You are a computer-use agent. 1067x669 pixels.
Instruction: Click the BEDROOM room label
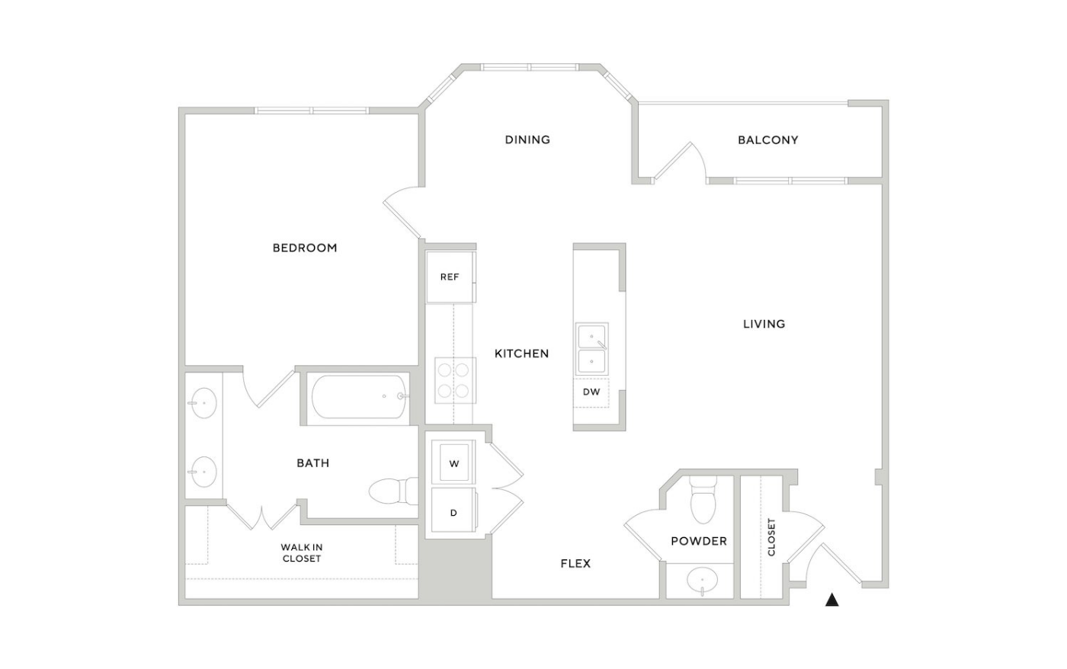click(x=305, y=248)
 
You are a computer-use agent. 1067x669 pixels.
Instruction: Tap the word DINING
click(x=527, y=139)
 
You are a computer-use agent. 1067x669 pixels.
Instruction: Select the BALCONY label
click(x=768, y=140)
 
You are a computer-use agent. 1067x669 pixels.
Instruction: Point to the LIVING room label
click(x=764, y=324)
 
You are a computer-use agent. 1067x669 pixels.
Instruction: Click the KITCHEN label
click(x=521, y=354)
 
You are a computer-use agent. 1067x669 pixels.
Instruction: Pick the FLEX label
click(x=575, y=564)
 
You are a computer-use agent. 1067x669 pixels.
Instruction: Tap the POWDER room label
click(x=699, y=541)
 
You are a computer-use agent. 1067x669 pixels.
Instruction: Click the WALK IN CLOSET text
click(x=302, y=553)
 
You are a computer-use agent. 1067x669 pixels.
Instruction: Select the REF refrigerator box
click(x=450, y=277)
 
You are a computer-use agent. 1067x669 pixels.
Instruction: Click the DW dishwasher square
click(x=591, y=392)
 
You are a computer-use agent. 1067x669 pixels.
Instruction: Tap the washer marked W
click(x=453, y=463)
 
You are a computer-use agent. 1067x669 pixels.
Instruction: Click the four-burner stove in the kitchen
click(x=455, y=380)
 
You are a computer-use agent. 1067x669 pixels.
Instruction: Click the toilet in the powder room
click(x=703, y=500)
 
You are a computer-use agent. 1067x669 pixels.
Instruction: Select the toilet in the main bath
click(x=393, y=491)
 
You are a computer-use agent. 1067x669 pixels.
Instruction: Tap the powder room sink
click(x=702, y=580)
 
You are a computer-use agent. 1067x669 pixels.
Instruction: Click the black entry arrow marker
click(x=831, y=600)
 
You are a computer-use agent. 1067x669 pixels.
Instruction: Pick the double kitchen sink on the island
click(x=591, y=349)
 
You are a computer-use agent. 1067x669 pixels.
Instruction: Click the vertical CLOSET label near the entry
click(x=771, y=537)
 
